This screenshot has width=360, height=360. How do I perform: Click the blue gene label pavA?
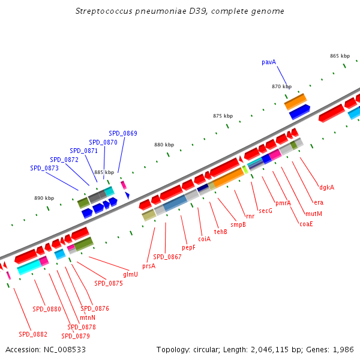[x=269, y=62]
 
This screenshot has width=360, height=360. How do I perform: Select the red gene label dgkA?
[x=326, y=187]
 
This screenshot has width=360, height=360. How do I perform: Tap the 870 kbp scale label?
[x=281, y=86]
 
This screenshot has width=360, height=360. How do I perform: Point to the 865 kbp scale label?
[x=340, y=56]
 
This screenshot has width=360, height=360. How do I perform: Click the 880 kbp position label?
[x=164, y=145]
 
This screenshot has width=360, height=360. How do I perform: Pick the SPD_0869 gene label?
[x=123, y=133]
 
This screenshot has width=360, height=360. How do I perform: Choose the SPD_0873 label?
[x=44, y=169]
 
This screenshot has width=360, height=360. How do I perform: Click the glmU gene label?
[x=130, y=274]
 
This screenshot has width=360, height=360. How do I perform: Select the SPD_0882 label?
[x=32, y=334]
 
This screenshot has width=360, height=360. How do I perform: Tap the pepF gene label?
[x=188, y=247]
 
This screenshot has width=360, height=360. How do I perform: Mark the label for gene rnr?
[x=250, y=216]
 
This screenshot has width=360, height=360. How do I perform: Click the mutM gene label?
[x=313, y=214]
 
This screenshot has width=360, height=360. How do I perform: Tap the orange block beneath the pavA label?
[x=295, y=101]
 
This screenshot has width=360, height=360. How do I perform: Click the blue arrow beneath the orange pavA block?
[x=299, y=112]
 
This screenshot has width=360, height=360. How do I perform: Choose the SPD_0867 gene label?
[x=167, y=256]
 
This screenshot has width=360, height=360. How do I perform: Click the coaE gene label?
[x=306, y=224]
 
